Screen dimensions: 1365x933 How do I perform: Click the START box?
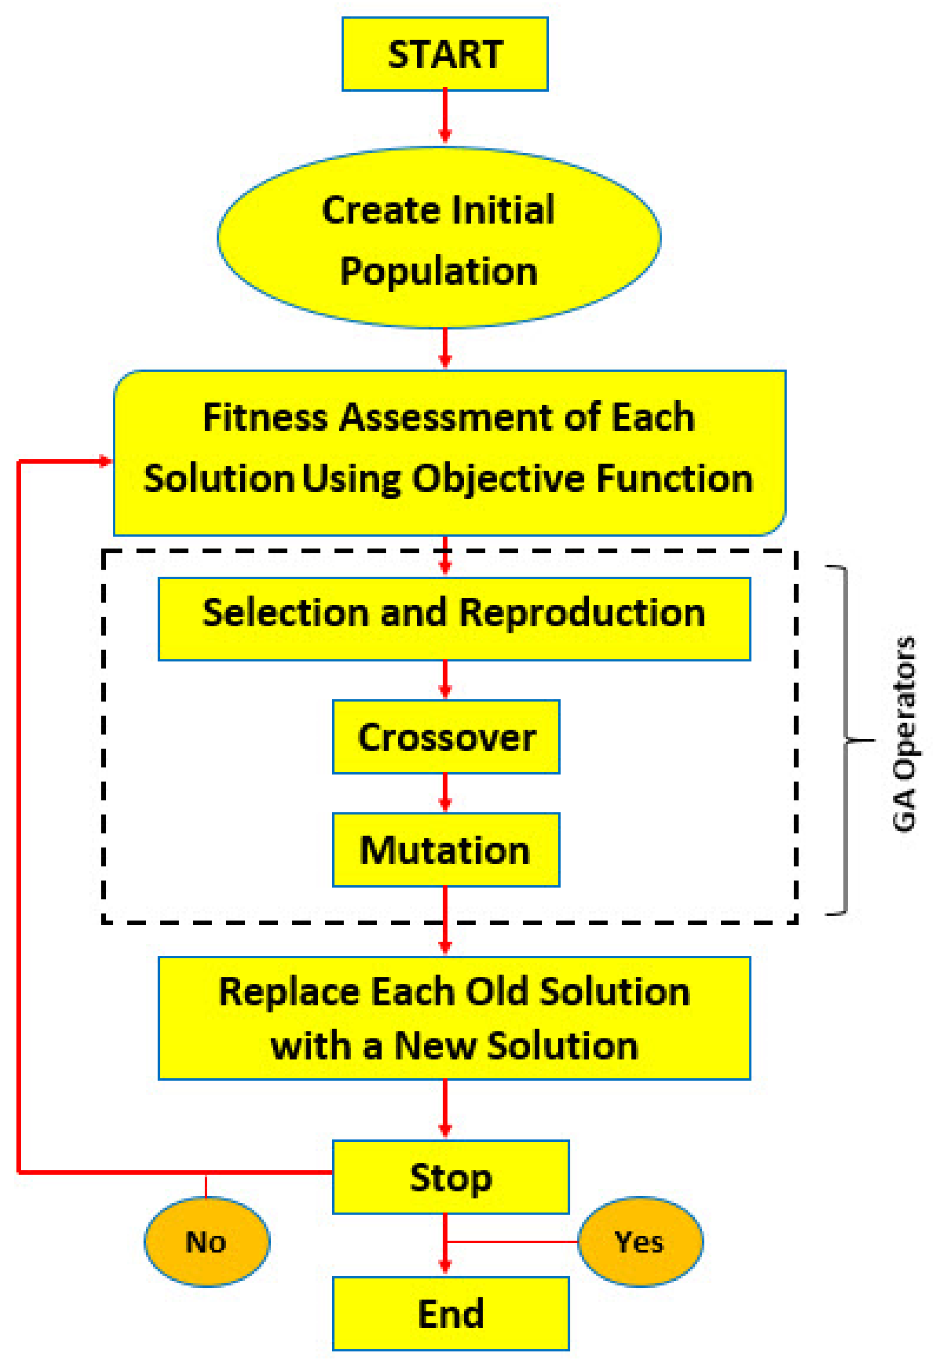pyautogui.click(x=445, y=54)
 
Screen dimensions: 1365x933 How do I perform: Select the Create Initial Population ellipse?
pyautogui.click(x=439, y=237)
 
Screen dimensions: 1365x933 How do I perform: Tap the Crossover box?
pyautogui.click(x=446, y=737)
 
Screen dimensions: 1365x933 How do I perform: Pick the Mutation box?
pyautogui.click(x=446, y=849)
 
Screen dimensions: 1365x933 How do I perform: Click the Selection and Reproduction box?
pyautogui.click(x=454, y=618)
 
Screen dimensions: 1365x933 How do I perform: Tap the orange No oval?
pyautogui.click(x=207, y=1242)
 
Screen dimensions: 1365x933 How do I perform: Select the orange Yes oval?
pyautogui.click(x=640, y=1242)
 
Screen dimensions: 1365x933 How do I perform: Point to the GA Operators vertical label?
pyautogui.click(x=903, y=734)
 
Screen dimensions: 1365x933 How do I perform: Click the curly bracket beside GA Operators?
pyautogui.click(x=846, y=740)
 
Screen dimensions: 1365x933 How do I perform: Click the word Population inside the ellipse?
pyautogui.click(x=439, y=271)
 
